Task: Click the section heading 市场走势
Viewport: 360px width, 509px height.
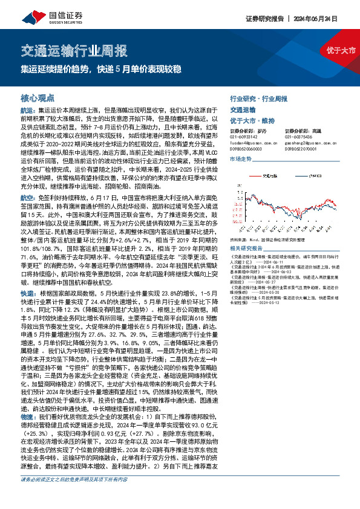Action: click(x=241, y=158)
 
